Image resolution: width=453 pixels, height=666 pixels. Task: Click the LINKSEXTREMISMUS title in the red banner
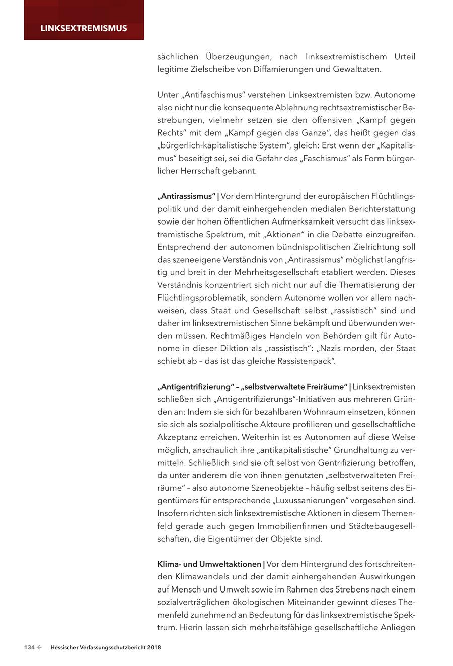click(x=84, y=28)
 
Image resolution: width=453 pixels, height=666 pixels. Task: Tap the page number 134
click(x=29, y=647)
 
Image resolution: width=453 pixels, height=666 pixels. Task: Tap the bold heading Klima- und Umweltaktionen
click(x=209, y=564)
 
